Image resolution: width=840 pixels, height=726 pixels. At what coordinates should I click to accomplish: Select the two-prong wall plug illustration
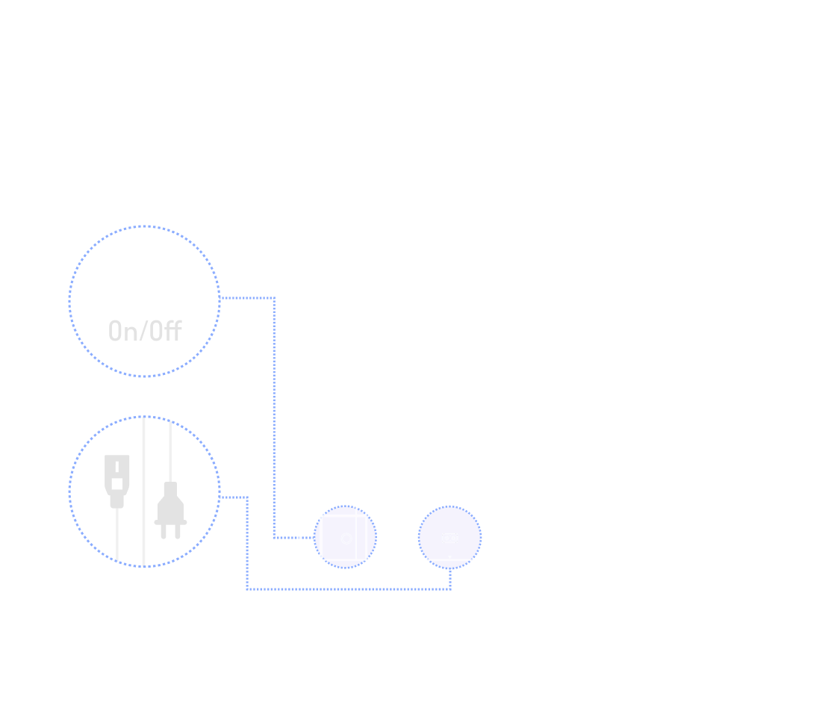click(170, 509)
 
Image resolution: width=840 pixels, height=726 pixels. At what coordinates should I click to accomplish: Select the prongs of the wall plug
click(170, 530)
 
